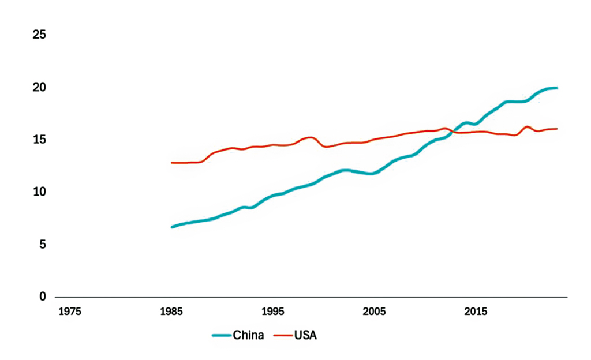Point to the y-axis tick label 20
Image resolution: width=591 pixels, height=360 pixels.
click(40, 88)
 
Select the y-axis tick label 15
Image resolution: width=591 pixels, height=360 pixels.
click(40, 140)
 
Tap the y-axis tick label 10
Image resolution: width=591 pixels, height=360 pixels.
click(40, 192)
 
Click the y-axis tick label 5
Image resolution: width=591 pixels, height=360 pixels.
click(43, 245)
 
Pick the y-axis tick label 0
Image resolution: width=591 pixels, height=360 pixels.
click(43, 297)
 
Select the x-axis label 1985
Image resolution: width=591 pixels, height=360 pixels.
click(171, 312)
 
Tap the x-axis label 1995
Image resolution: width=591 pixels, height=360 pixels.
click(273, 312)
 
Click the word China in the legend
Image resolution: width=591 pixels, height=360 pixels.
click(249, 335)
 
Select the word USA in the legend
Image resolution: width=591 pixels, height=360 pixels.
click(306, 335)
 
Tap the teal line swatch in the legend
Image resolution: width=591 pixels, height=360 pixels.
click(221, 335)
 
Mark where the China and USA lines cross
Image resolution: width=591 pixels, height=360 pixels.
click(453, 132)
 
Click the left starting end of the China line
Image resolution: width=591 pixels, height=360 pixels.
click(172, 227)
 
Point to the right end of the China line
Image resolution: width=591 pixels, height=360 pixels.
click(556, 88)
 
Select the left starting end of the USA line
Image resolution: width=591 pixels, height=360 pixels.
click(171, 163)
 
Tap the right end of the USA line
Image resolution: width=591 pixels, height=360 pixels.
click(556, 129)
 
